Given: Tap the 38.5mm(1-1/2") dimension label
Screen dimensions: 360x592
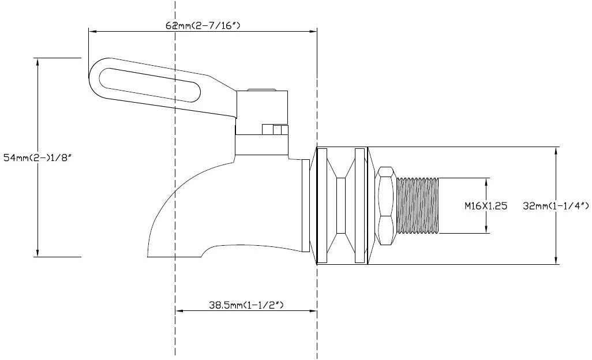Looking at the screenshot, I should point(246,304).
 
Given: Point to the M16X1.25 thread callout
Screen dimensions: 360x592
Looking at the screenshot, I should point(486,205).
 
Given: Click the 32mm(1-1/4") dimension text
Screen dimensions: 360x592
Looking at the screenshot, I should point(555,205).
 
